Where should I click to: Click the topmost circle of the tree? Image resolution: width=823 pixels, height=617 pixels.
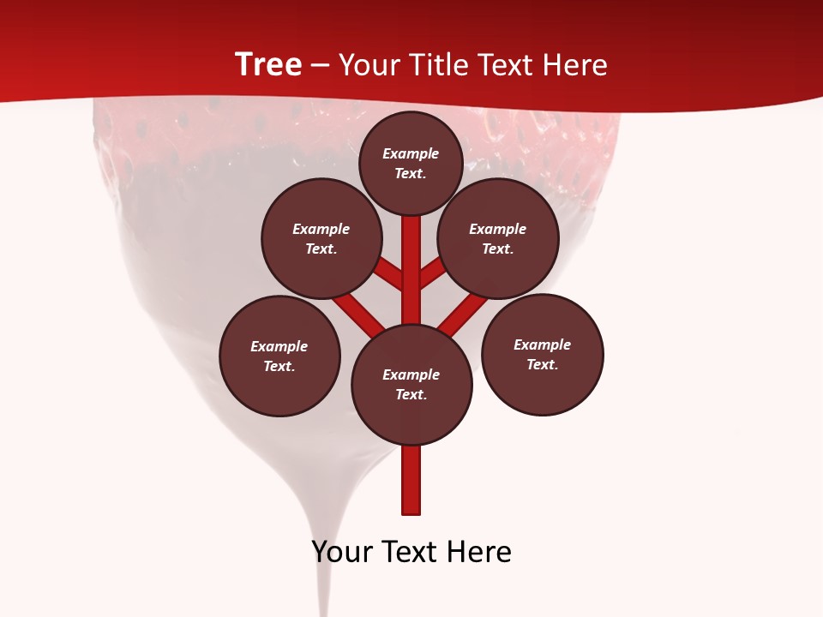pos(411,163)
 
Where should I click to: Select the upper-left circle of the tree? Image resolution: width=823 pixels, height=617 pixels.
pos(321,238)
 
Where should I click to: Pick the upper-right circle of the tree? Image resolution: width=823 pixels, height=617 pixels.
pos(498,238)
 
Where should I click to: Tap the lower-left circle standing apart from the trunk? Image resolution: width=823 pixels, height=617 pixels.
pos(279,356)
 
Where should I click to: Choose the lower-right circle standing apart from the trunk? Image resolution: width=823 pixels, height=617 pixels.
pos(543,354)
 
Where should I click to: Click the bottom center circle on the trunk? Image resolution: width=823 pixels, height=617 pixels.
pos(411,384)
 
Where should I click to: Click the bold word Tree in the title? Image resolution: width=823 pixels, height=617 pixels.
pos(268,64)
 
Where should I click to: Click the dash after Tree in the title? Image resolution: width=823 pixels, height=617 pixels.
pos(320,65)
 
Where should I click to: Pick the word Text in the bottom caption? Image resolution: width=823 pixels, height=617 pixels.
pos(417,552)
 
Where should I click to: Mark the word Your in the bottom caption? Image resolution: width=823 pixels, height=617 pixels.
pos(341,552)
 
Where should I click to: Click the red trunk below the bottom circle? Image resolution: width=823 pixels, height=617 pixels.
pos(411,480)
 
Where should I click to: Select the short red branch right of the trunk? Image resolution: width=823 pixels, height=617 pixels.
pos(432,273)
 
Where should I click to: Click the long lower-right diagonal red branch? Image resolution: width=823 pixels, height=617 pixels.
pos(463,314)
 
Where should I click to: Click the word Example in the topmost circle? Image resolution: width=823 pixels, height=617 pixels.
pos(411,153)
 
